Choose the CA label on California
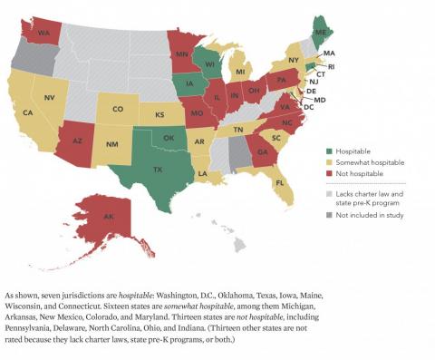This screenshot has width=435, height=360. coord(28,112)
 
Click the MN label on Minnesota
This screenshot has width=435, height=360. coord(181,54)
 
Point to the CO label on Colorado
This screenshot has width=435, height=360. coord(118,110)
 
